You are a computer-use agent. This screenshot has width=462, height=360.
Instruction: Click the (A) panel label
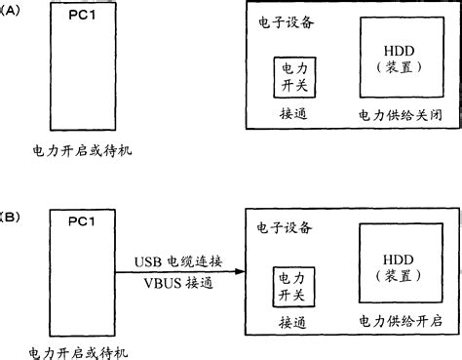(10, 11)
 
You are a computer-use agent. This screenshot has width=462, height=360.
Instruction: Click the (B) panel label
(8, 212)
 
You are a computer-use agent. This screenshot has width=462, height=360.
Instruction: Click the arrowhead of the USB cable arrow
(238, 272)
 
